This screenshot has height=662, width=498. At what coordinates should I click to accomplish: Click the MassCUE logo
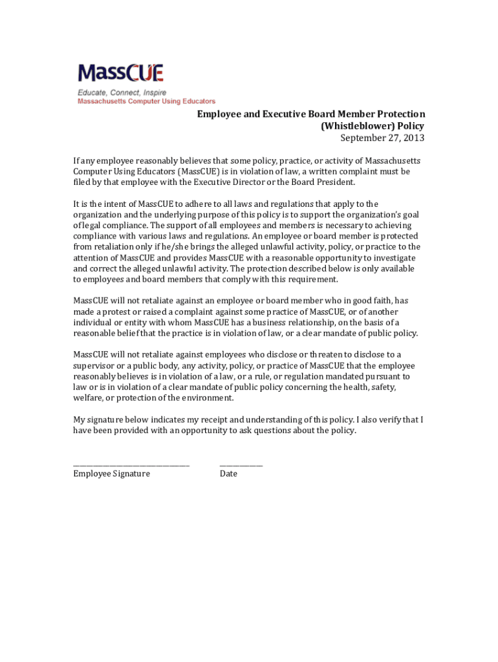click(120, 73)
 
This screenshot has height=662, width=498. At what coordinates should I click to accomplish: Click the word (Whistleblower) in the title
click(351, 126)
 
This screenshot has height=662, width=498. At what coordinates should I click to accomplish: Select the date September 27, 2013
click(382, 138)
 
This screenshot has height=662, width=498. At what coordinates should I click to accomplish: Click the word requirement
click(314, 279)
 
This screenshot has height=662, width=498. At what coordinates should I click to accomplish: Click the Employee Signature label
click(111, 474)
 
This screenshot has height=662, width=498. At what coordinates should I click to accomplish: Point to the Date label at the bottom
click(228, 474)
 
